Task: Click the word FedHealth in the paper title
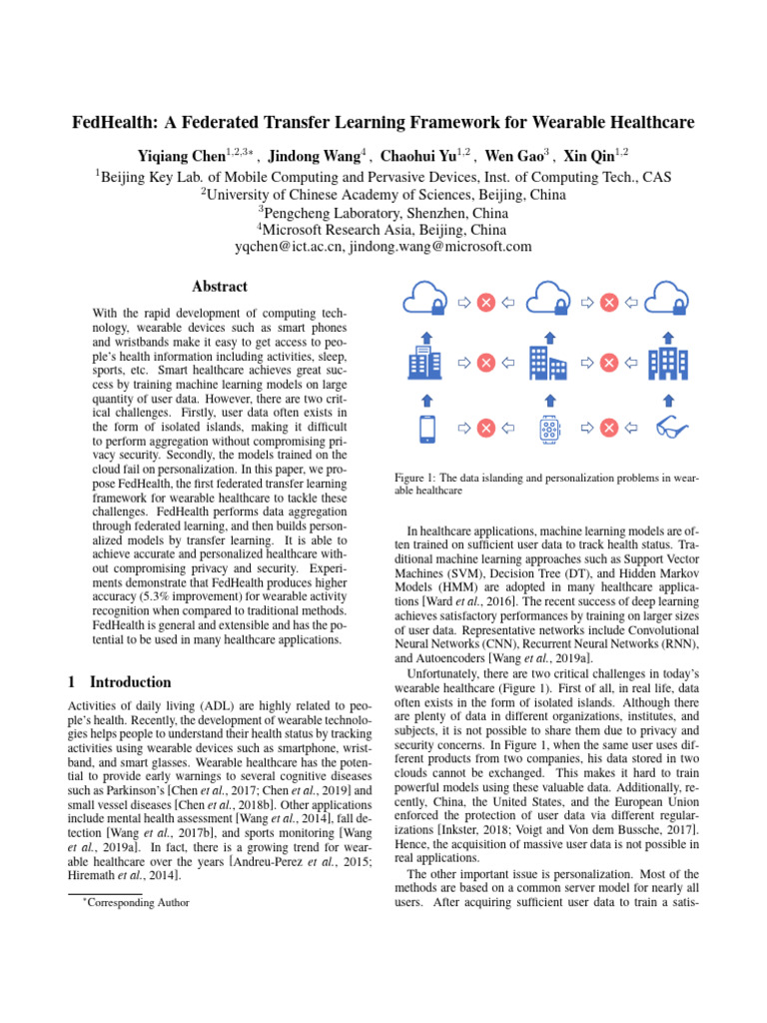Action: pyautogui.click(x=115, y=124)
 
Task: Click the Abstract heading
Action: pyautogui.click(x=220, y=286)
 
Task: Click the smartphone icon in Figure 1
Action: pyautogui.click(x=427, y=429)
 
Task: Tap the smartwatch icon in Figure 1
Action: pyautogui.click(x=547, y=429)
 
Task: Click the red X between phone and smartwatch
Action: pyautogui.click(x=486, y=429)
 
